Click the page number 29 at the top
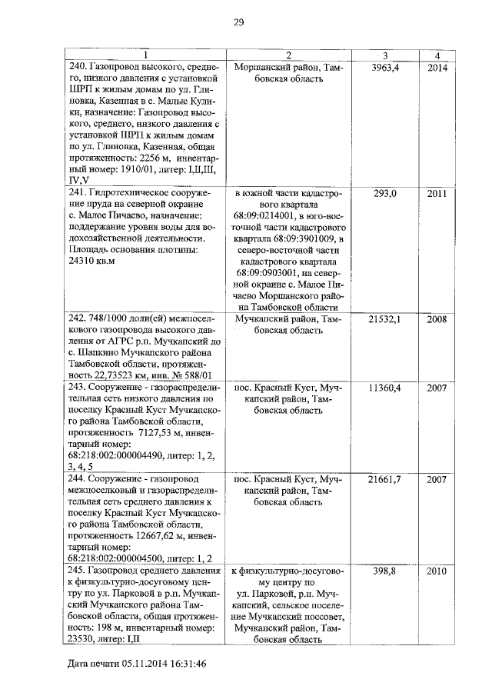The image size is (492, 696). click(x=238, y=22)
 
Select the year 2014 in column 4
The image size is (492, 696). click(x=437, y=68)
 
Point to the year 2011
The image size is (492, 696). click(x=437, y=193)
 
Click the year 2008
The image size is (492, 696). click(x=437, y=318)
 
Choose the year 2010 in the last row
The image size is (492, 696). click(x=437, y=571)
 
